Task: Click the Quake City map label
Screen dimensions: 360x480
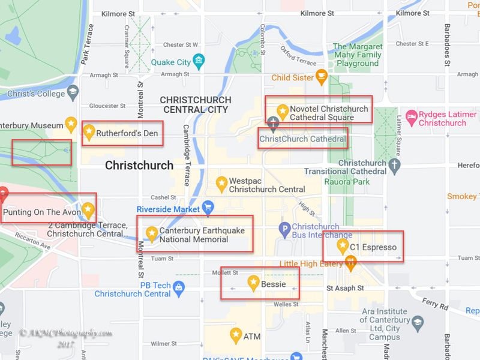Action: [170, 62]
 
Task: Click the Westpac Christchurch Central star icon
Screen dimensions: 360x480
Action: [221, 181]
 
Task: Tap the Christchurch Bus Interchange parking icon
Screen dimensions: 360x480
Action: [285, 228]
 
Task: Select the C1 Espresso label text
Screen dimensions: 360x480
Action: [373, 247]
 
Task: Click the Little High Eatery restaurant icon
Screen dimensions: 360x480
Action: [351, 262]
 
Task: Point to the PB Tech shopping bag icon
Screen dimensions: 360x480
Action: [179, 289]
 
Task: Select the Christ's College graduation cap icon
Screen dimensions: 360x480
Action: [73, 92]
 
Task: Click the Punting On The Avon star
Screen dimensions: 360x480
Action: [88, 209]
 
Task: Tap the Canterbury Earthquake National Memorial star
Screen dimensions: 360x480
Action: [152, 232]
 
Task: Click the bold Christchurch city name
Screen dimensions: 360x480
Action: [139, 165]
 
